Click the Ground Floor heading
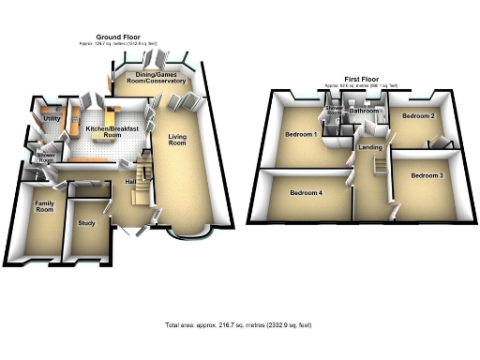pyautogui.click(x=105, y=37)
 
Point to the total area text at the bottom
pyautogui.click(x=238, y=324)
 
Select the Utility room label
pyautogui.click(x=52, y=119)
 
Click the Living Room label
pyautogui.click(x=177, y=141)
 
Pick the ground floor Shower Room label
pyautogui.click(x=43, y=157)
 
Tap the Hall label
pyautogui.click(x=130, y=182)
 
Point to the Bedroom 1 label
pyautogui.click(x=301, y=135)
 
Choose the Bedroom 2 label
pyautogui.click(x=417, y=116)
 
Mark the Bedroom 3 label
pyautogui.click(x=427, y=175)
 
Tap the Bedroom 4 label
pyautogui.click(x=306, y=193)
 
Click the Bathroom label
pyautogui.click(x=364, y=111)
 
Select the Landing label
pyautogui.click(x=367, y=147)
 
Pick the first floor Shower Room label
pyautogui.click(x=334, y=112)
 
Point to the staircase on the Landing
pyautogui.click(x=381, y=165)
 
